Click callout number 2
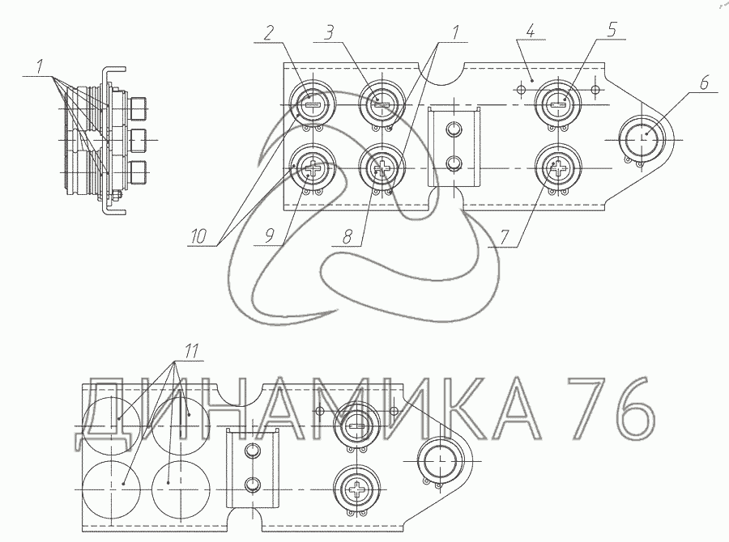269,33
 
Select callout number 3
329,33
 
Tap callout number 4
531,32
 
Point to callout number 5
612,30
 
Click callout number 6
704,83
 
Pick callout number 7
505,237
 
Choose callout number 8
347,237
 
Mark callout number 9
270,236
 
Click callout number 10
198,236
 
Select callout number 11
191,350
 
